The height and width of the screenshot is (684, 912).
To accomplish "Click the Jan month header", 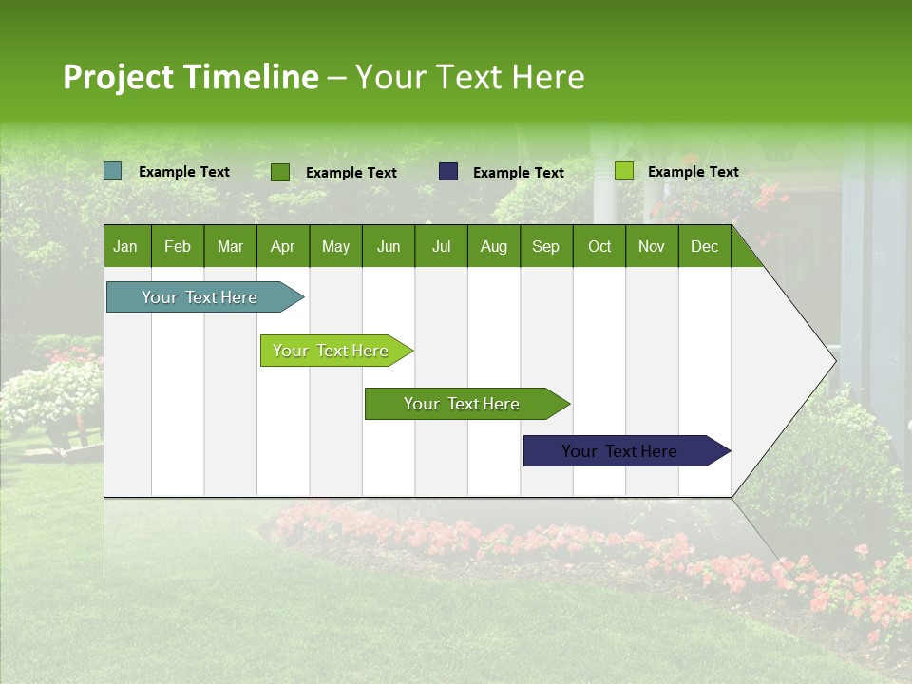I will click(125, 246).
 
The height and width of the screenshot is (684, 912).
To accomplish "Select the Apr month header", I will click(282, 246).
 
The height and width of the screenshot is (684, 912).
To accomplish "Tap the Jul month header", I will click(441, 246).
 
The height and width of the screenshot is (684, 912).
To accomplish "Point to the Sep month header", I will click(545, 246).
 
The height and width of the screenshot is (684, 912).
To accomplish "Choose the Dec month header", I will click(704, 246).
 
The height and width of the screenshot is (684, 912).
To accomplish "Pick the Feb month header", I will click(178, 246).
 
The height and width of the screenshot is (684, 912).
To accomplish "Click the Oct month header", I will click(599, 246).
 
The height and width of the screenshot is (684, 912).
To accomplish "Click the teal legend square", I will click(113, 171).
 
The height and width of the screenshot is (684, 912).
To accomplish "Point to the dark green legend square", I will click(280, 172).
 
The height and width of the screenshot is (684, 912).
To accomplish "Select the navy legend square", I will click(448, 172).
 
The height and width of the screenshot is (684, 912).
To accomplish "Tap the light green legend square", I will click(624, 171).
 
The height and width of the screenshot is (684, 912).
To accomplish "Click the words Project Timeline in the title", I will click(190, 77).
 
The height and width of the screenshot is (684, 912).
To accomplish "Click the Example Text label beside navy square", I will click(518, 173).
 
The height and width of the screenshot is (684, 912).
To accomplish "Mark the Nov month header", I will click(652, 246).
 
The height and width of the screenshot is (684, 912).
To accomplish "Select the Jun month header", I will click(389, 246).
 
